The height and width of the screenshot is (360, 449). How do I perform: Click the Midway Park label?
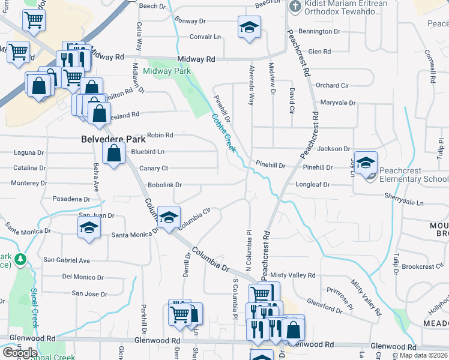click(x=167, y=71)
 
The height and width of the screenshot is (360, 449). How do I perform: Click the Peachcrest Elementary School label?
click(x=415, y=179)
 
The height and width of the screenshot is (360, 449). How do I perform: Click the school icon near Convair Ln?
click(x=249, y=27)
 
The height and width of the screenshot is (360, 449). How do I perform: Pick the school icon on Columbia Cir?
click(x=169, y=217)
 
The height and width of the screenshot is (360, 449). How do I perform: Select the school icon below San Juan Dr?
click(x=89, y=228)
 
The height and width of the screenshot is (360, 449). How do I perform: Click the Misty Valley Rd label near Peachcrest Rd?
click(x=292, y=275)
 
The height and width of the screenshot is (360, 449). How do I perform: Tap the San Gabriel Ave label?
click(x=66, y=260)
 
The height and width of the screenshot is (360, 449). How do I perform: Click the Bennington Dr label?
click(x=319, y=31)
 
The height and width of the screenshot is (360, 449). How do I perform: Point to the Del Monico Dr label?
click(x=83, y=277)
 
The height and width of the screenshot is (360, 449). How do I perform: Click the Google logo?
click(x=20, y=353)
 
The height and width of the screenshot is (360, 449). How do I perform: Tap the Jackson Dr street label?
click(x=333, y=149)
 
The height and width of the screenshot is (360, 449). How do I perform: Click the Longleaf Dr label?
click(x=313, y=185)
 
